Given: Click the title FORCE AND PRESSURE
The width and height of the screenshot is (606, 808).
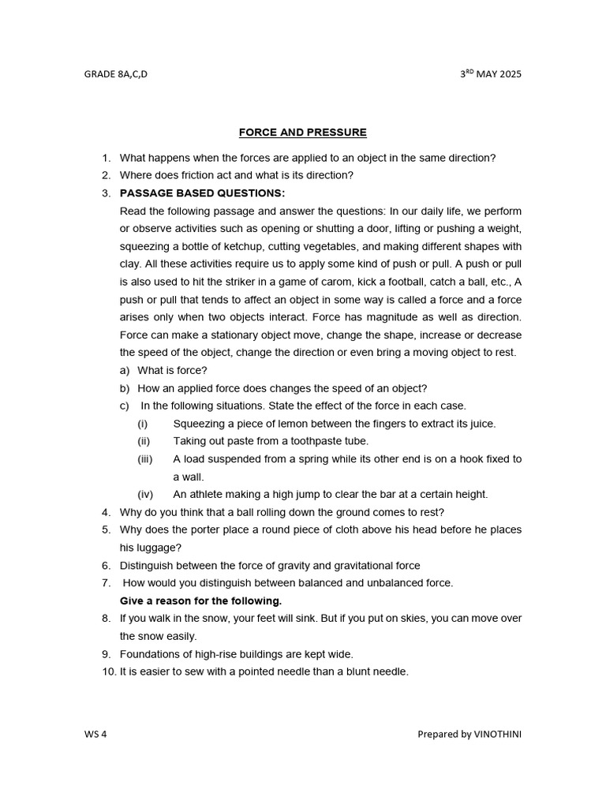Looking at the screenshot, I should (x=303, y=133).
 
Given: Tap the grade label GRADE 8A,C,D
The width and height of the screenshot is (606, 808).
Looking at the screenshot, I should (x=116, y=75).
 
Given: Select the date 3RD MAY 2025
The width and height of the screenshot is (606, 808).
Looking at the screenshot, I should (x=490, y=75).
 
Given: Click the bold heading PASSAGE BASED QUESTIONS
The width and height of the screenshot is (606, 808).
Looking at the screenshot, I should (x=202, y=193).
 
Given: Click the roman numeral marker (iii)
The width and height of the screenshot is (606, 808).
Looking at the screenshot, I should (x=145, y=459).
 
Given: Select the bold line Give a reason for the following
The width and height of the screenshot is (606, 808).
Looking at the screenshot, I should (x=200, y=600).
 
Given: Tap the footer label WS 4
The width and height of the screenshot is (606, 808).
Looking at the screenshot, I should (x=95, y=735).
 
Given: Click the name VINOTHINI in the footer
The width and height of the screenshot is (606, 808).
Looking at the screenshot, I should (x=497, y=735).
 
